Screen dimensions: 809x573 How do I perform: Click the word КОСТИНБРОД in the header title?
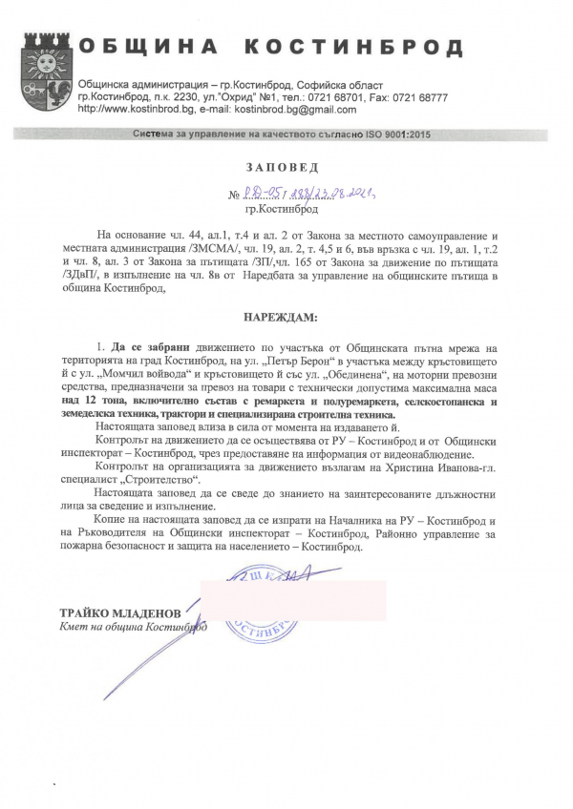pos(356,48)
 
